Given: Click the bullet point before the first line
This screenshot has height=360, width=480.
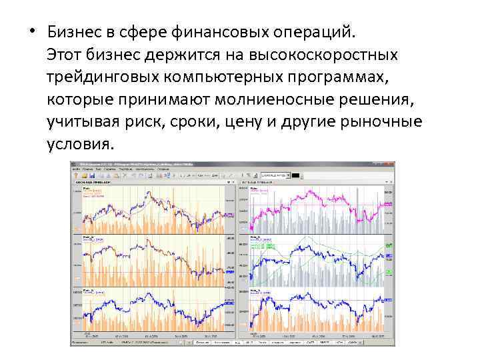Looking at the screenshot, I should (x=33, y=33).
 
